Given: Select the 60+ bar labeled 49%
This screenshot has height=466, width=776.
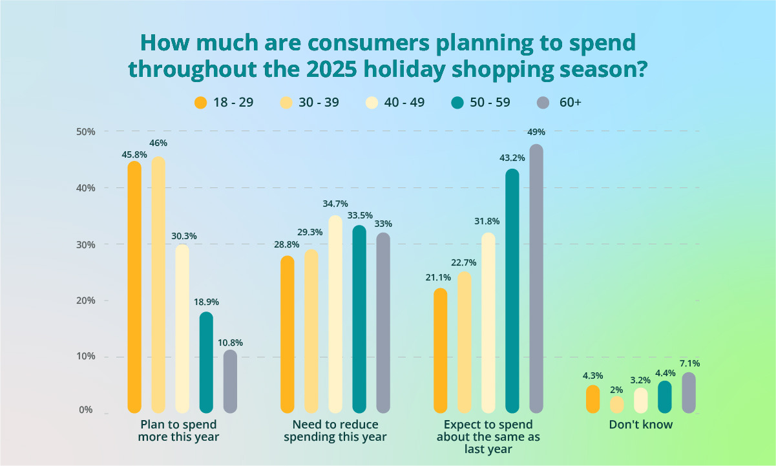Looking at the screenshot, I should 536,278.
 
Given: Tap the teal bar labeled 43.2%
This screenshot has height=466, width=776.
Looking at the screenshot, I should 512,290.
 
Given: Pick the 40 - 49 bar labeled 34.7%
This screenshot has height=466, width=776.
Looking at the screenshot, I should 335,313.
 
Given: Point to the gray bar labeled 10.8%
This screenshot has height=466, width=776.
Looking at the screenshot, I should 230,381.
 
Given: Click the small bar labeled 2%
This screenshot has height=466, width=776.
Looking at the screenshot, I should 617,405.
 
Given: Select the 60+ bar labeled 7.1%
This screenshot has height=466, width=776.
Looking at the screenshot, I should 689,392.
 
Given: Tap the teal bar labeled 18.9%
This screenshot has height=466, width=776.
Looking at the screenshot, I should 206,362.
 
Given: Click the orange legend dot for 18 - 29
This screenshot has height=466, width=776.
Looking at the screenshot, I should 201,103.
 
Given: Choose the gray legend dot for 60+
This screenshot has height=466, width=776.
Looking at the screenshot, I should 543,103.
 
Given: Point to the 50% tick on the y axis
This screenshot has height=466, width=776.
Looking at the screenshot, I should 86,132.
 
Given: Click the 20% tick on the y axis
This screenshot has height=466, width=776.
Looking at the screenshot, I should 86,301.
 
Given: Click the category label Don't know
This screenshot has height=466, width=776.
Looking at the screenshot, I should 641,425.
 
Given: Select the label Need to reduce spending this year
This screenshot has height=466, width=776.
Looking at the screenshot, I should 335,430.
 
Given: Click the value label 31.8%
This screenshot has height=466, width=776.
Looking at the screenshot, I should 488,221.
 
